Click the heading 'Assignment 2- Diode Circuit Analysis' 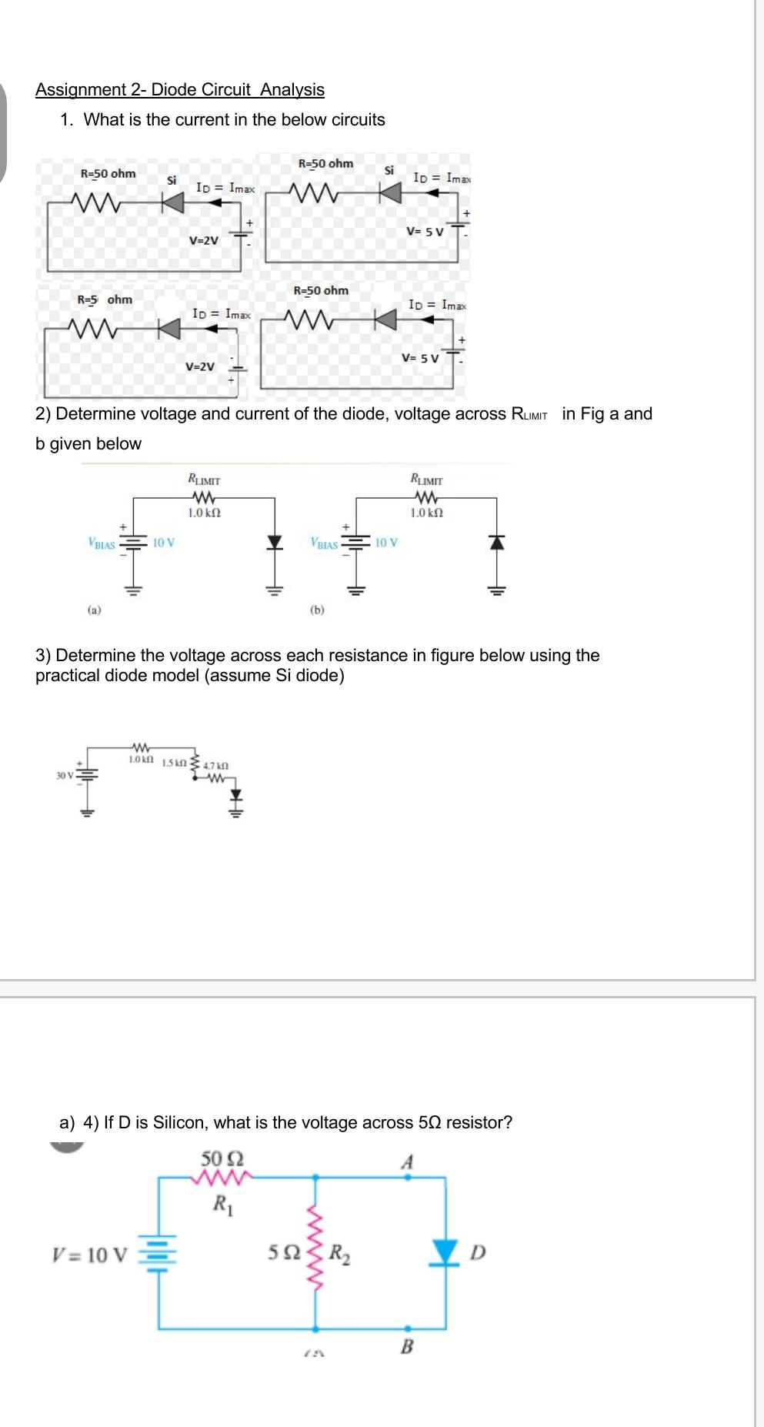[x=179, y=89]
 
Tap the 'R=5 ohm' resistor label [x=105, y=299]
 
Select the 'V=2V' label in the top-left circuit [x=204, y=240]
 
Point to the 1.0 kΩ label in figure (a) [x=204, y=513]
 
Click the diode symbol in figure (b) [x=497, y=542]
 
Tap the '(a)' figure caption [x=94, y=610]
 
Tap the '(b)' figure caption [x=317, y=610]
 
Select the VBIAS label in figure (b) [x=324, y=544]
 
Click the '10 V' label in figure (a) [x=163, y=543]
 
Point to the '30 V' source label [x=64, y=775]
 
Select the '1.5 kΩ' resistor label [x=175, y=763]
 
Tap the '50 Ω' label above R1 [x=222, y=1158]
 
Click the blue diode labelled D [x=445, y=1252]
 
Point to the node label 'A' [x=407, y=1161]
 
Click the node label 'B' [x=407, y=1346]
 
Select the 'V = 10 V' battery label [x=89, y=1255]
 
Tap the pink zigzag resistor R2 [x=315, y=1252]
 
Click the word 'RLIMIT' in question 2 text [x=529, y=414]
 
